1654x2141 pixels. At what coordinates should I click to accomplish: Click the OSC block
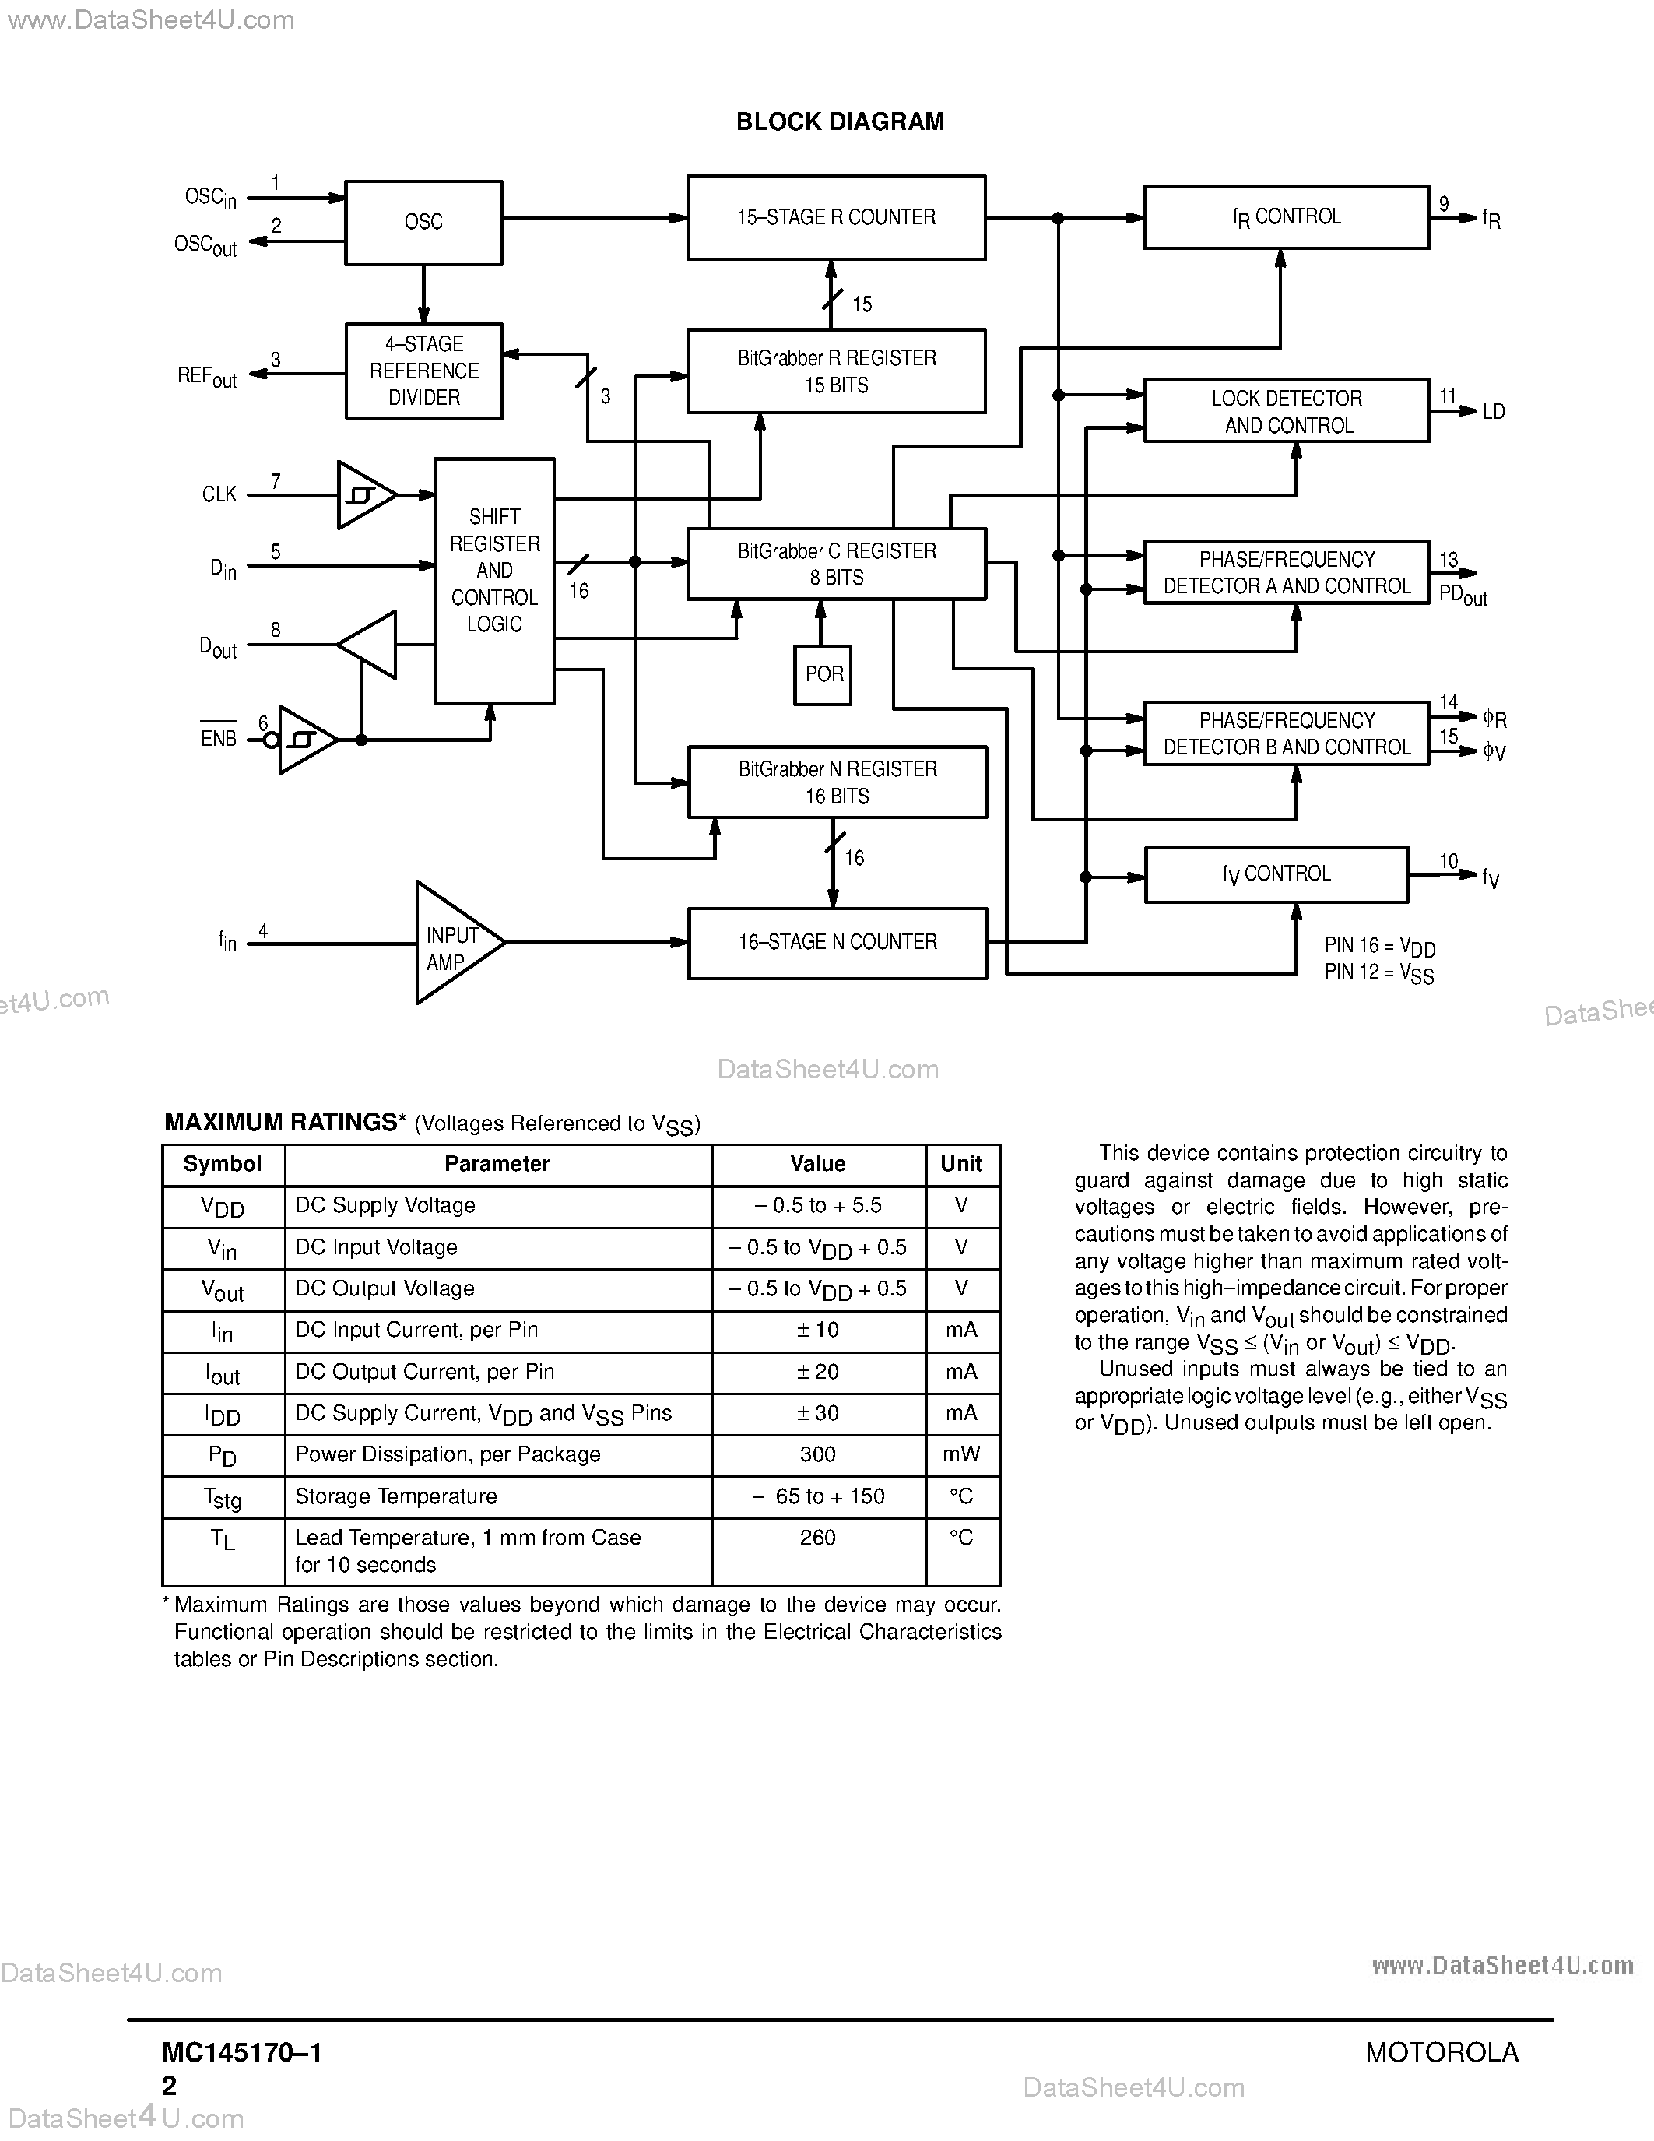click(423, 223)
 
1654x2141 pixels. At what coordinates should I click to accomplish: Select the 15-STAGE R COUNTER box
click(836, 218)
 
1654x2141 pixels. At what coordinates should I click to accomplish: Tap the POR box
click(823, 674)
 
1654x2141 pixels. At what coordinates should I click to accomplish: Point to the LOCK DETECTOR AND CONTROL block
click(1286, 411)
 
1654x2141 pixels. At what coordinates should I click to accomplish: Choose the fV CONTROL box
click(1276, 874)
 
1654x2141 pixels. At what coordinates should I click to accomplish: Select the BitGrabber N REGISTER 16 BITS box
click(837, 782)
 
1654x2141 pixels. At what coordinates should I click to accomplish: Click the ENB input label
click(219, 738)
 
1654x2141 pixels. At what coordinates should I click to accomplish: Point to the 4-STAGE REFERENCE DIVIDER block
click(423, 371)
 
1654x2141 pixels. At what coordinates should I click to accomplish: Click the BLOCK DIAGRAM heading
click(840, 121)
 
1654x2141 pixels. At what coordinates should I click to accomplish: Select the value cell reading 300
click(817, 1455)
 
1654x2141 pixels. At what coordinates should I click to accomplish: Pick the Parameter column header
click(497, 1164)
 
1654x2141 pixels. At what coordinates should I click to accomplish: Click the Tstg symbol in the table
click(223, 1498)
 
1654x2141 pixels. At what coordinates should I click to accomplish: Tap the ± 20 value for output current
click(817, 1373)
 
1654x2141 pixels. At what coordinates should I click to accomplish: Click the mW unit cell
click(960, 1455)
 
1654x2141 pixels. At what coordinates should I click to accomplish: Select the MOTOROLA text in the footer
click(1442, 2053)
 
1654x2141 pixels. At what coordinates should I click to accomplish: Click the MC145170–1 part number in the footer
click(242, 2053)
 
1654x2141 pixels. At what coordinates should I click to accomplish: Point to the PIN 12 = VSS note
click(1378, 972)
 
